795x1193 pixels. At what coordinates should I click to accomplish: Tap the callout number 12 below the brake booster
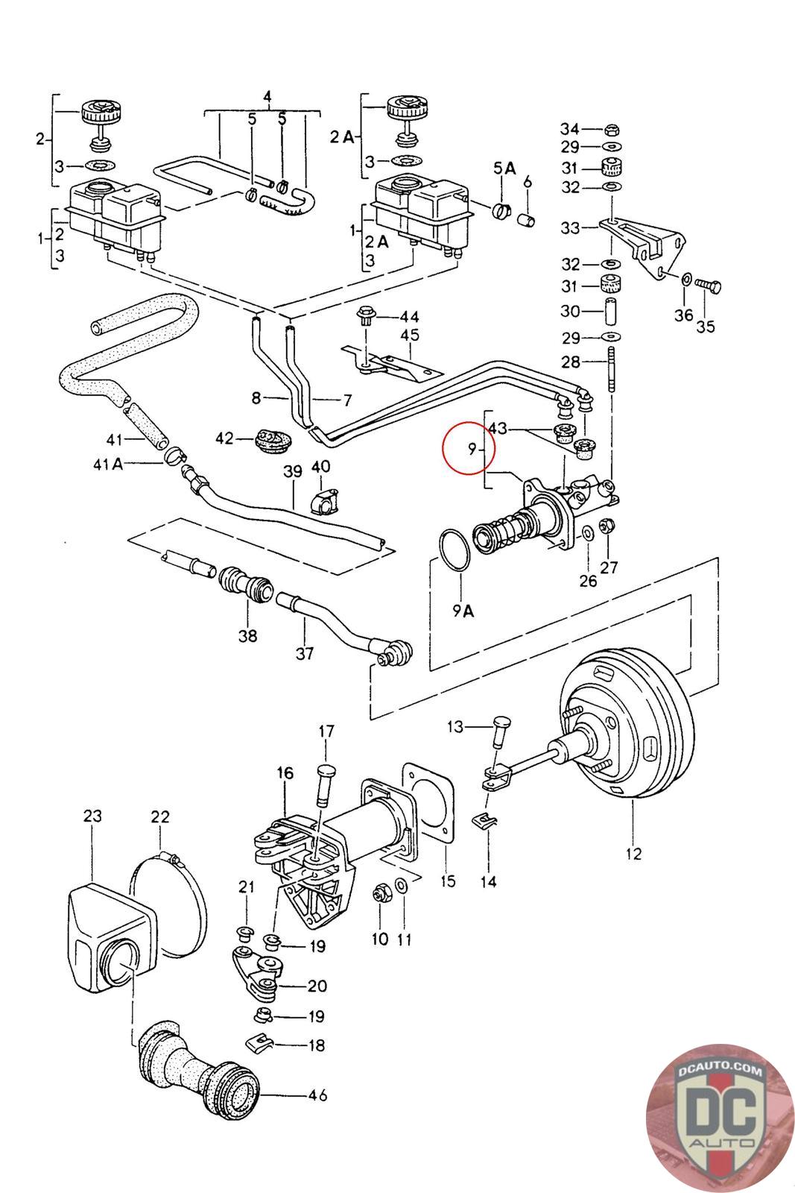pyautogui.click(x=633, y=854)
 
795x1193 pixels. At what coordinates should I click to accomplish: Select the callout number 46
pyautogui.click(x=317, y=1095)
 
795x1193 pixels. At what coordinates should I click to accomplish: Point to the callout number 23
pyautogui.click(x=92, y=816)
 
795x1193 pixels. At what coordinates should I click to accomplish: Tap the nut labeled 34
pyautogui.click(x=611, y=128)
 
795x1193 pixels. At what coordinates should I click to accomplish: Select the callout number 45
pyautogui.click(x=410, y=335)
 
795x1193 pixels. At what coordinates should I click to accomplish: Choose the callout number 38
pyautogui.click(x=247, y=635)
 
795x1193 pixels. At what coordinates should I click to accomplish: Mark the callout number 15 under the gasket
pyautogui.click(x=448, y=881)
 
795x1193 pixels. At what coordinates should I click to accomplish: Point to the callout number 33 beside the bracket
pyautogui.click(x=570, y=227)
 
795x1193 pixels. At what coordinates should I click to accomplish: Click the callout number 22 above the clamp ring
pyautogui.click(x=160, y=818)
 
